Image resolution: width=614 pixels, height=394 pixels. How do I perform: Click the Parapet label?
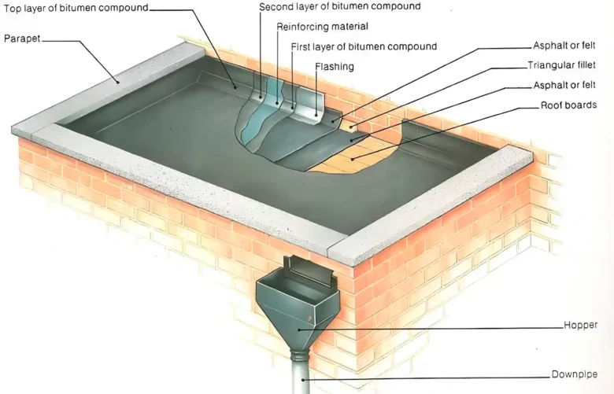[x=23, y=38]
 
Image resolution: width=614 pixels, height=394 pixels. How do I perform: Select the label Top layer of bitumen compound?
[x=76, y=8]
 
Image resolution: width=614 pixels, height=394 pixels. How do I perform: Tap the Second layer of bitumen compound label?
[x=339, y=6]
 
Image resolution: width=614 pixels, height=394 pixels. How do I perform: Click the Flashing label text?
[x=335, y=67]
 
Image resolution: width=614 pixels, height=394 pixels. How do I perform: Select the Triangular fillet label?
[x=561, y=65]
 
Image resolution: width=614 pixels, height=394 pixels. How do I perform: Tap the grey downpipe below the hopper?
[x=301, y=373]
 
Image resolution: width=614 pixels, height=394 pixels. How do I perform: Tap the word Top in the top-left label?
[x=11, y=8]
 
